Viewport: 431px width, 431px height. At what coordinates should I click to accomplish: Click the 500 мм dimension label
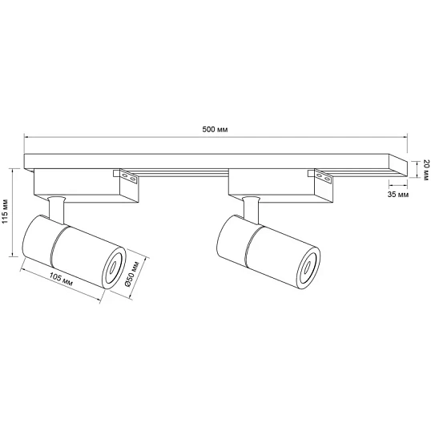click(x=215, y=129)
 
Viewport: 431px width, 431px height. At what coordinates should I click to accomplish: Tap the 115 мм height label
click(x=6, y=211)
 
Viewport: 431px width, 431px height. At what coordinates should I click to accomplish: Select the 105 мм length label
click(x=61, y=279)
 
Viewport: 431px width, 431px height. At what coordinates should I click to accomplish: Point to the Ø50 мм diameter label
click(x=132, y=273)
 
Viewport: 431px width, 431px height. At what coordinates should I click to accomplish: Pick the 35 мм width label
click(x=398, y=195)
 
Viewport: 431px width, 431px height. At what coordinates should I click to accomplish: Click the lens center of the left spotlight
click(x=113, y=267)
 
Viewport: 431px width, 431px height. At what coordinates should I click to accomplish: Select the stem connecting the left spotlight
click(x=57, y=208)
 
